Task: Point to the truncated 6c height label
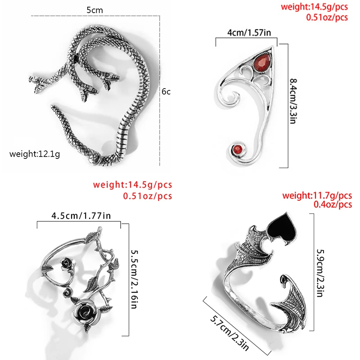[166, 92]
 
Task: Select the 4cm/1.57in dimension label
[245, 32]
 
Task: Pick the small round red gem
[236, 149]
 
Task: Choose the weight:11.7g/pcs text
[317, 196]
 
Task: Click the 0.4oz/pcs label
[333, 205]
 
